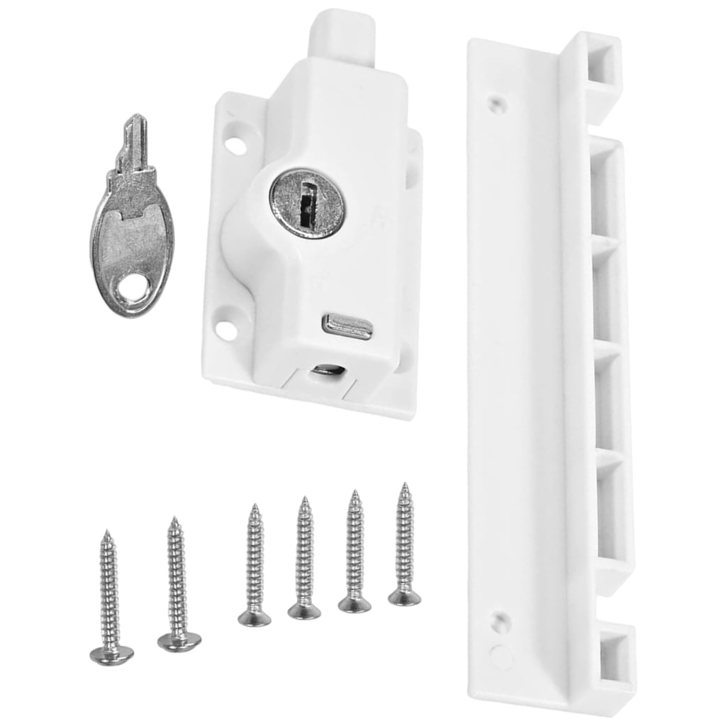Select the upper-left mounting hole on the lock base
(236, 145)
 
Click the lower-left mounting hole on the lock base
(225, 330)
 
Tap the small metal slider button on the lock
(347, 326)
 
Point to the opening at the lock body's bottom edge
(327, 370)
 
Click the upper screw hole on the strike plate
(499, 104)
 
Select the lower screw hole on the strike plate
(499, 621)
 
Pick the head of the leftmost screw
(111, 654)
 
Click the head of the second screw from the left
(179, 641)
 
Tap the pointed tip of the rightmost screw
(405, 487)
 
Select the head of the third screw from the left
(255, 618)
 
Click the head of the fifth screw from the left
(354, 603)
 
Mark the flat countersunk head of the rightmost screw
(404, 597)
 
